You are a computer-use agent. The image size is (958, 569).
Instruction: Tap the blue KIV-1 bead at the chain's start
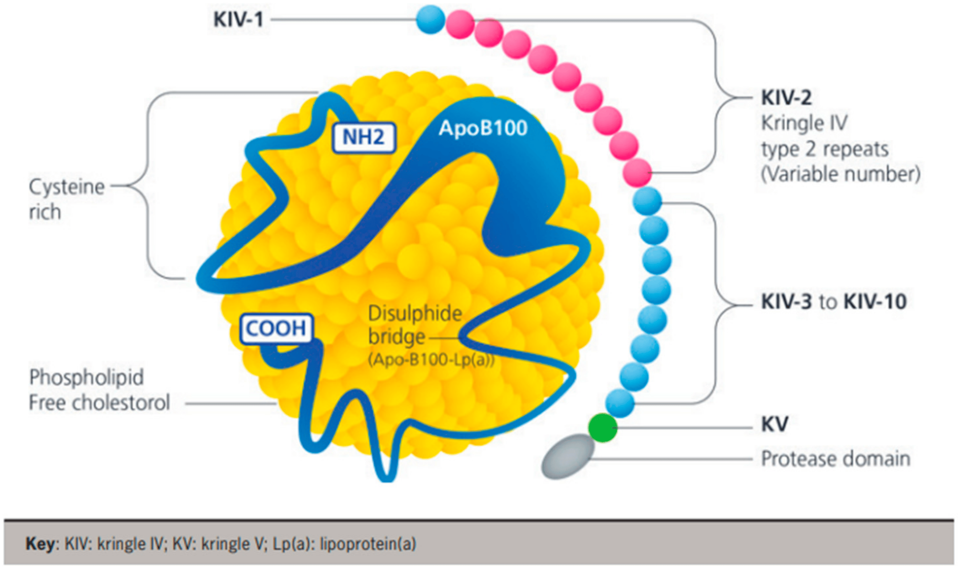pyautogui.click(x=430, y=19)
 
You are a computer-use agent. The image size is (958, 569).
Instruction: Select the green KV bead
pyautogui.click(x=603, y=428)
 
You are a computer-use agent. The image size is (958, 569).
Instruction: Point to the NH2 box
pyautogui.click(x=363, y=138)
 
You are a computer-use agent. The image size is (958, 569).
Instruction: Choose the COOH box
pyautogui.click(x=276, y=329)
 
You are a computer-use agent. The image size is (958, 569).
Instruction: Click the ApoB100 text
pyautogui.click(x=483, y=128)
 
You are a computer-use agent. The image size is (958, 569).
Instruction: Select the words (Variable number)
pyautogui.click(x=841, y=174)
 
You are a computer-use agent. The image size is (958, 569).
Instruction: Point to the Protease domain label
pyautogui.click(x=835, y=459)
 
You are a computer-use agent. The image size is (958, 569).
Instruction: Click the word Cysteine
pyautogui.click(x=67, y=187)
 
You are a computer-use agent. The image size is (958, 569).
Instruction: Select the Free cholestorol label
pyautogui.click(x=99, y=403)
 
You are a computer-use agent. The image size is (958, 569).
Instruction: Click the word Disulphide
pyautogui.click(x=415, y=314)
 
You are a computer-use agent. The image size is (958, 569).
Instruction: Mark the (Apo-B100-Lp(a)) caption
pyautogui.click(x=431, y=360)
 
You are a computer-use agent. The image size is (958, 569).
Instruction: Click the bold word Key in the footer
pyautogui.click(x=40, y=544)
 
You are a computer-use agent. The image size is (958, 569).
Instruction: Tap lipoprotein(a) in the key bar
pyautogui.click(x=368, y=544)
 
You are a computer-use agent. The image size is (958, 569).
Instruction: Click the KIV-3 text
pyautogui.click(x=786, y=301)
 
